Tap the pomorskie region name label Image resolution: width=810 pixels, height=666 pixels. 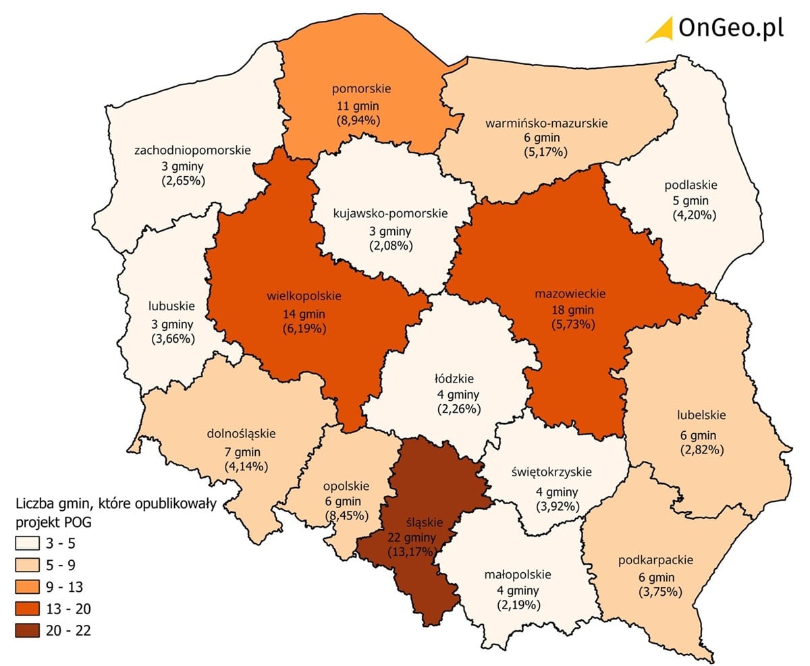pos(361,88)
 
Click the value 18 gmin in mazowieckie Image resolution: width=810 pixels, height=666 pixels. pos(571,310)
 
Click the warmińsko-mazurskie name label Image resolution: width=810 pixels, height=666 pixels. pos(546,123)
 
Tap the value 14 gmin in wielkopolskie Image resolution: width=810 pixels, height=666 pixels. pos(304,314)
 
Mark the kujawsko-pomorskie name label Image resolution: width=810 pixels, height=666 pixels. pos(391,213)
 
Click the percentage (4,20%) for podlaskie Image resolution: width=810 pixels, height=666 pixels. pos(694,215)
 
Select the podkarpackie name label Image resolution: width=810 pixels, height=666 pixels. pos(655,560)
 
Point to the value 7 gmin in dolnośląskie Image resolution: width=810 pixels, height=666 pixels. pos(241,451)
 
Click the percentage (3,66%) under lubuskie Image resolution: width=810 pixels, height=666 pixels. pos(173,339)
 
